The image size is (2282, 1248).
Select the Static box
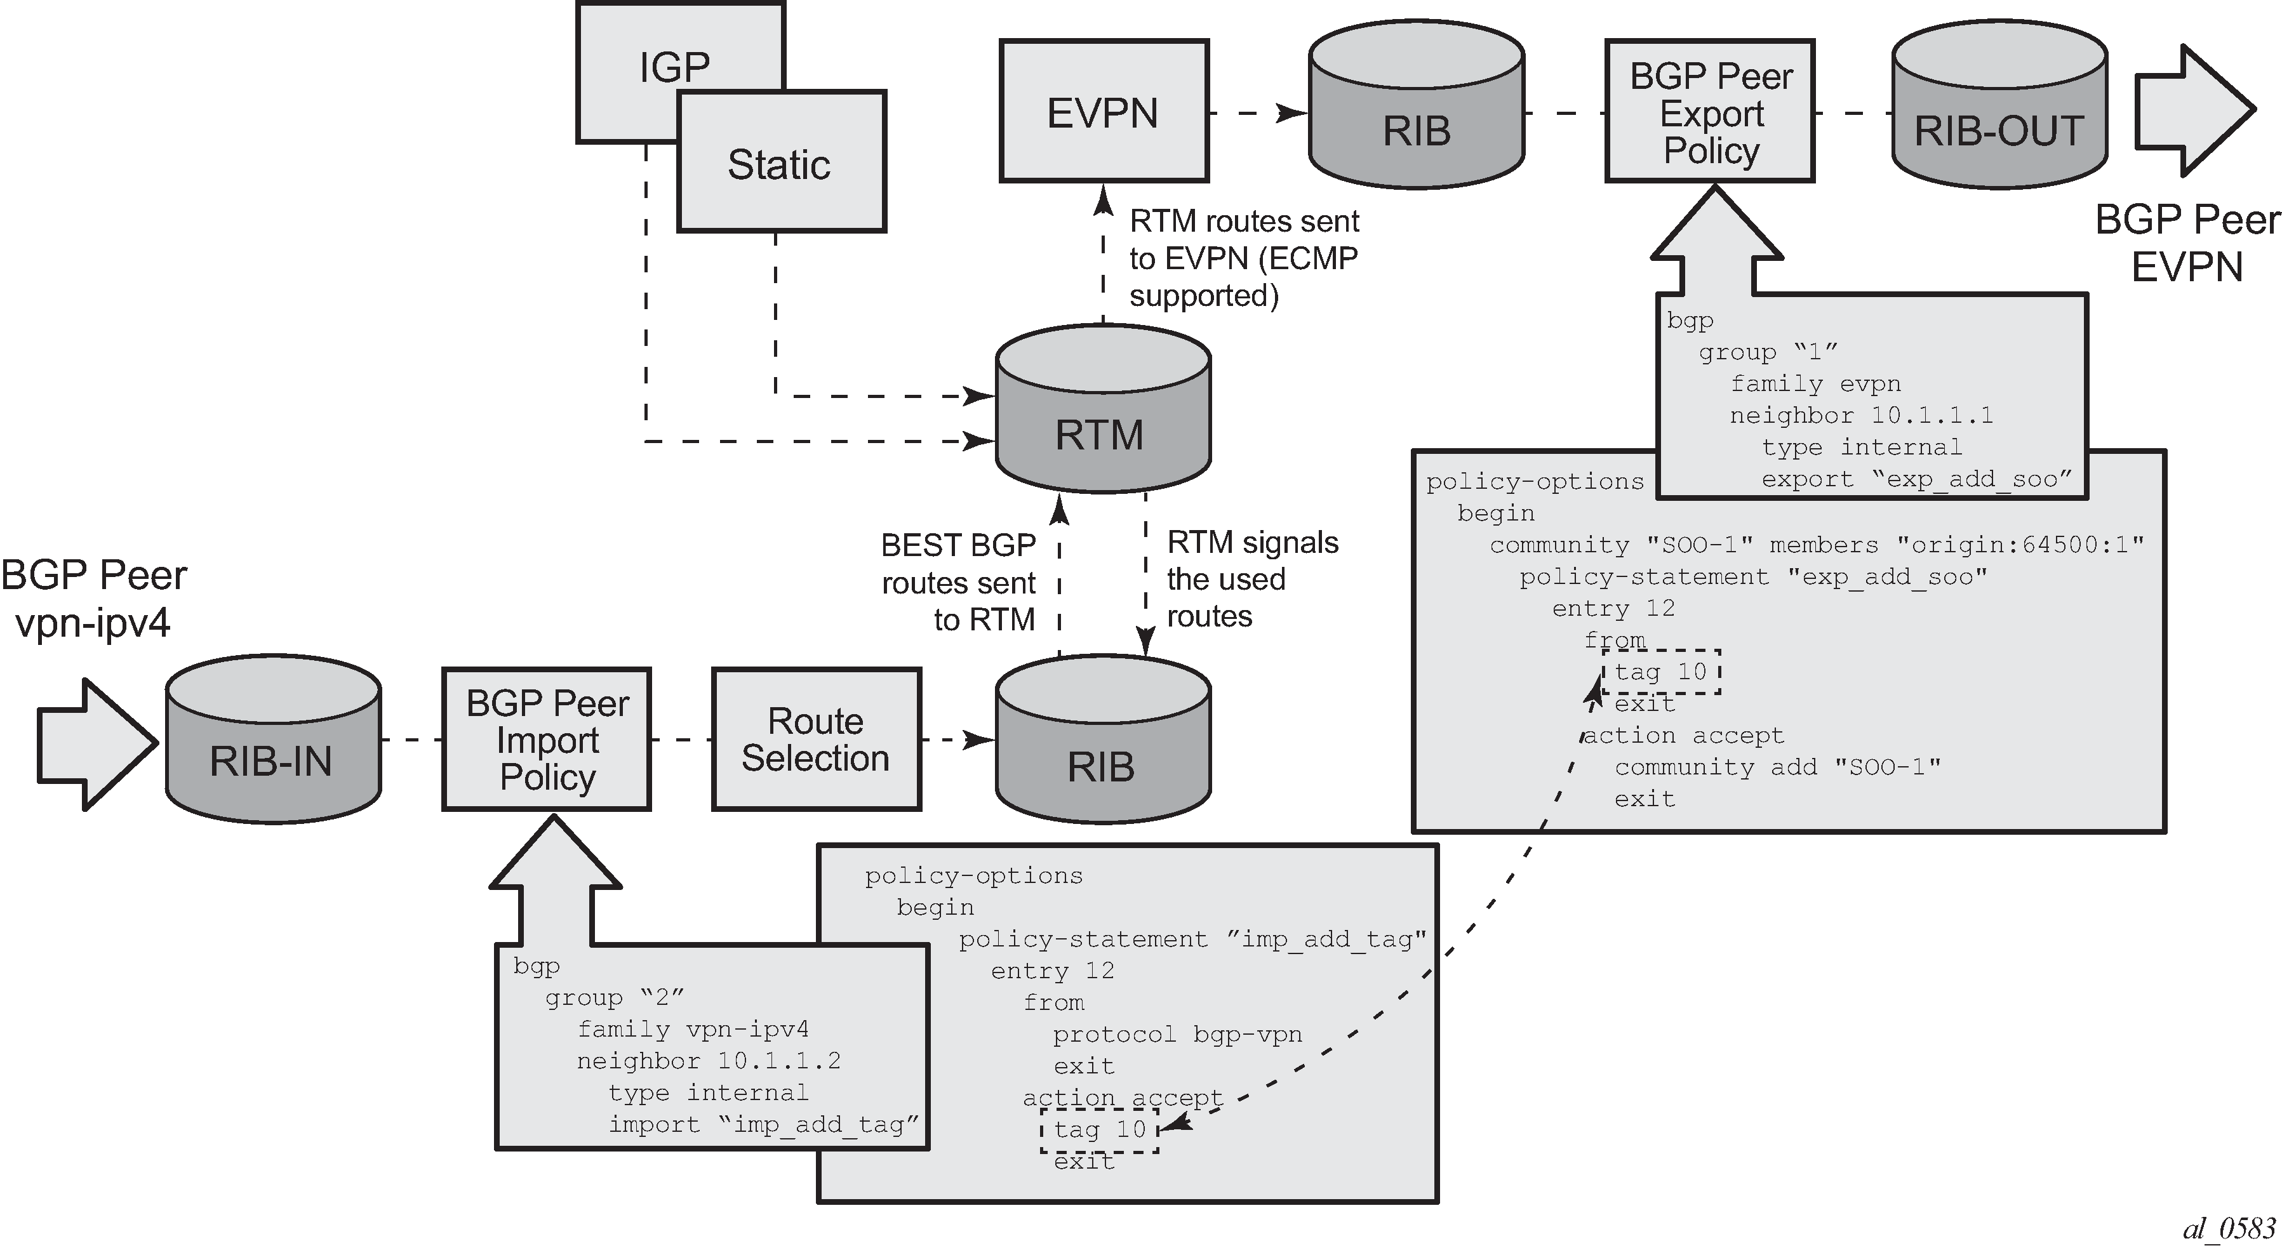tap(780, 163)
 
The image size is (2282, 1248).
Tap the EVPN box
tap(1103, 112)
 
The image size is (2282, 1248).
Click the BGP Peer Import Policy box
tap(547, 740)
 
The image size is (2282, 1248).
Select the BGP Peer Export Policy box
tap(1710, 112)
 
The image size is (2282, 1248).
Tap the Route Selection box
tap(816, 740)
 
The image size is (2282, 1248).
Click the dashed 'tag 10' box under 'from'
tap(1661, 672)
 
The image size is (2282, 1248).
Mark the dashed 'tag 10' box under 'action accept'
tap(1099, 1130)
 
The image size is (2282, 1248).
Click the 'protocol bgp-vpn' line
tap(1177, 1035)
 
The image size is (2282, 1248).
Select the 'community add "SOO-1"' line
tap(1776, 767)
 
